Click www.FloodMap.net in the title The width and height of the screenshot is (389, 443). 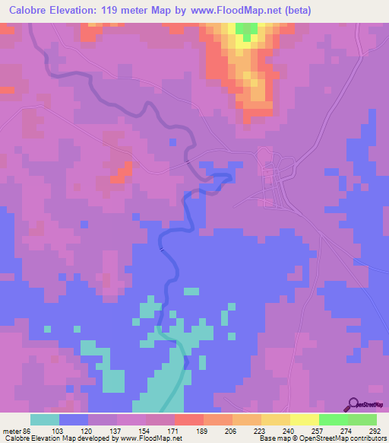(231, 10)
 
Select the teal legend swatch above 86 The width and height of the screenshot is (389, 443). (45, 419)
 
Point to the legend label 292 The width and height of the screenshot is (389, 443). (375, 430)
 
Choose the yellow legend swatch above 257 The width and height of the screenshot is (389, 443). (305, 419)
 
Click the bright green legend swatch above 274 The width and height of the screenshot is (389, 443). (334, 419)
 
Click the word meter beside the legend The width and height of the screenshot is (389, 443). (14, 430)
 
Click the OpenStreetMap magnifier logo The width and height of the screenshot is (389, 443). (354, 404)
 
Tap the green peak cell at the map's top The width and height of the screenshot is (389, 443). (245, 30)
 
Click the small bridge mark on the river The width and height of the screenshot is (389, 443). (161, 247)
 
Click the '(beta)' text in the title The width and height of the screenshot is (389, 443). (296, 10)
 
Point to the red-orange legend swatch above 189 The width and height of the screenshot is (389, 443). (188, 419)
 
